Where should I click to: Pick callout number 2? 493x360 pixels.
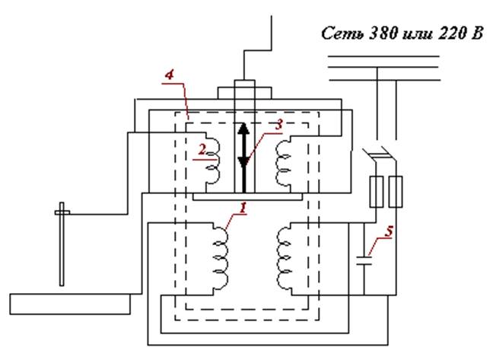coord(201,149)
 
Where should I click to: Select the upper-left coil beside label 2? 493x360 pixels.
coord(214,159)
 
